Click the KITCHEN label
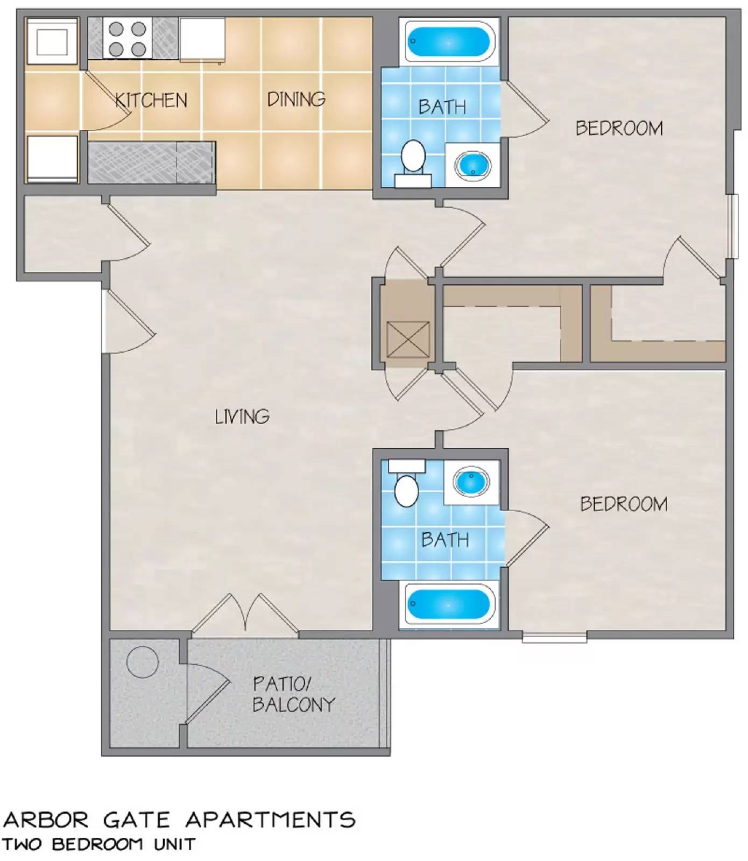coord(152,100)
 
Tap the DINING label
coord(296,99)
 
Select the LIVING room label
coord(242,417)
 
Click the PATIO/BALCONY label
coord(293,694)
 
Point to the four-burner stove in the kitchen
coord(128,39)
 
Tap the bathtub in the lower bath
coord(449,604)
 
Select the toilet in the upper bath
coord(413,158)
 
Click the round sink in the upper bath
coord(472,164)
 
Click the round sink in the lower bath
coord(471,481)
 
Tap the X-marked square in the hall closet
coord(408,339)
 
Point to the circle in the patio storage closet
coord(143,662)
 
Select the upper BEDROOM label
coord(619,128)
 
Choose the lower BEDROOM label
coord(623,504)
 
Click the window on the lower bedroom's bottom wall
coord(554,637)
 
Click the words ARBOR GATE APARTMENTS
coord(179,820)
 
